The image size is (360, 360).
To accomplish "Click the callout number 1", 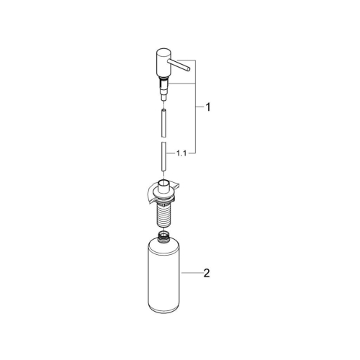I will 207,109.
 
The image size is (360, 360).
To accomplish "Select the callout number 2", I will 207,273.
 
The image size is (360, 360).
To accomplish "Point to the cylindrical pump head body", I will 161,64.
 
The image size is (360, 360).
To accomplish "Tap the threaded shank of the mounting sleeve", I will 163,213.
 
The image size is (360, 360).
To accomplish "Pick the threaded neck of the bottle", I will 163,238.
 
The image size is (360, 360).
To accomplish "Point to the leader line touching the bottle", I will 191,273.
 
